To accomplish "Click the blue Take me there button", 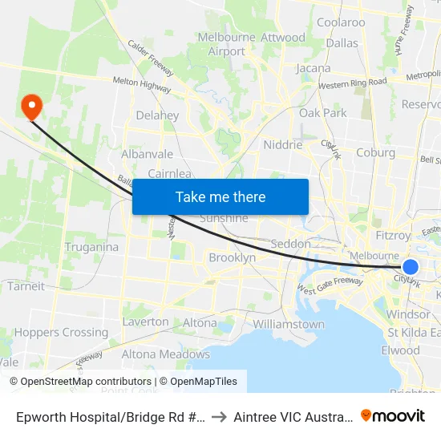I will click(x=220, y=196).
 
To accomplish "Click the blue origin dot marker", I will click(x=411, y=268).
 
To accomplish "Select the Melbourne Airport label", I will click(x=226, y=45).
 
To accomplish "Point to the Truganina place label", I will click(x=91, y=247).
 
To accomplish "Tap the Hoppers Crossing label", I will click(x=61, y=332).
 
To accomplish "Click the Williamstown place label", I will click(x=289, y=325).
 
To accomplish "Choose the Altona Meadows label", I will click(x=166, y=354).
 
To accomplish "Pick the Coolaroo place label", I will click(x=341, y=22).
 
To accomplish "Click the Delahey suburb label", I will click(x=157, y=115).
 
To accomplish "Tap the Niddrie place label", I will click(x=283, y=145).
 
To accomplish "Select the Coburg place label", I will click(x=375, y=152).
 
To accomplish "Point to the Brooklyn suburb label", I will click(x=232, y=257).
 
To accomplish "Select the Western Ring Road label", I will click(x=352, y=83).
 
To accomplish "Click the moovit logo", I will click(x=393, y=415).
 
